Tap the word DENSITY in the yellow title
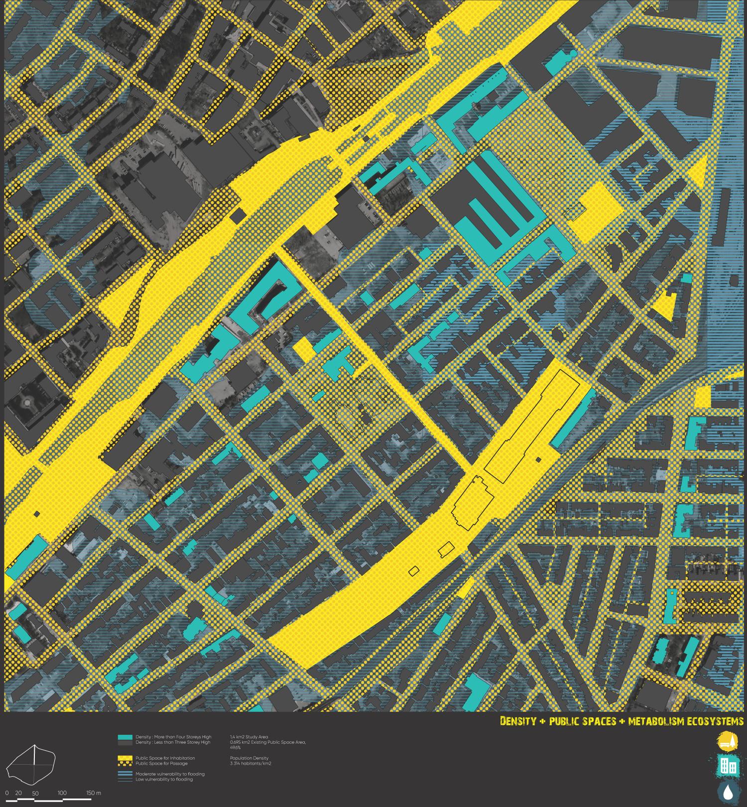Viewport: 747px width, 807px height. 518,721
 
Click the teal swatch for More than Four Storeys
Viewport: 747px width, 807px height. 125,737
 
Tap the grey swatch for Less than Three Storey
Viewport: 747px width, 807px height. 125,742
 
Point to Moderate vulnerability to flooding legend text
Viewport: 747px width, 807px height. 170,774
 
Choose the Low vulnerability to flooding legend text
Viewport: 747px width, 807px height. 164,779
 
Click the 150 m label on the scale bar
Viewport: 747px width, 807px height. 93,793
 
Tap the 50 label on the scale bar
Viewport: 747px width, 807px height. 35,793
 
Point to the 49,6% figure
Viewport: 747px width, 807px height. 235,747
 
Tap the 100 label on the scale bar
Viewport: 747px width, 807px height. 62,793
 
